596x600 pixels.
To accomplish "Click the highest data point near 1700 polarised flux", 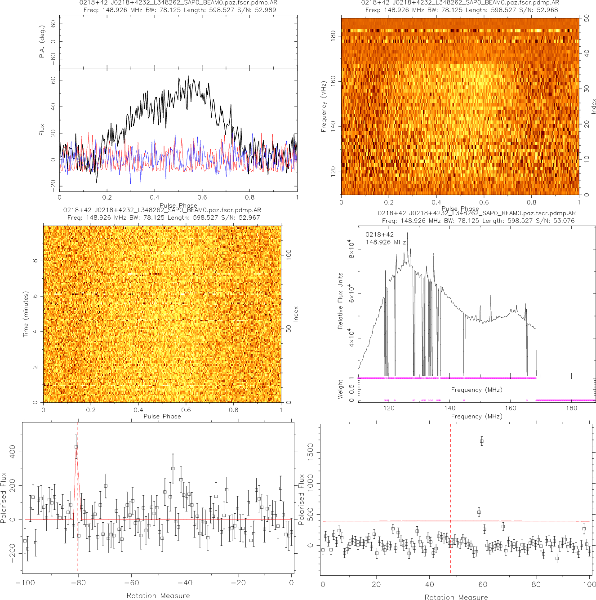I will pos(481,441).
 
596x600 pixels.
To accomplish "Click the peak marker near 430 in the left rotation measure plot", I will pos(76,447).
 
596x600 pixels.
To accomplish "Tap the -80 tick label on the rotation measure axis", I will pos(78,583).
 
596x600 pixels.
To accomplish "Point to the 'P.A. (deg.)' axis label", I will pos(42,42).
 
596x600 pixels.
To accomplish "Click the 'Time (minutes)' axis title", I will pos(26,314).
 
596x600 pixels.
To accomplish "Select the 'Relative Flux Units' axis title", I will pos(340,301).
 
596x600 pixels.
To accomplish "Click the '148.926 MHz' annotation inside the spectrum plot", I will pos(386,242).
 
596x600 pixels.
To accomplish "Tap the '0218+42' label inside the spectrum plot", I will pos(379,235).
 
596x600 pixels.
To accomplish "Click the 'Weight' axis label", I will pos(340,389).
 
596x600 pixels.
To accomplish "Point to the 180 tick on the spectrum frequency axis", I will pos(571,408).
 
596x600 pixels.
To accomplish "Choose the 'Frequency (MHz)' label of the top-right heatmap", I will pos(323,107).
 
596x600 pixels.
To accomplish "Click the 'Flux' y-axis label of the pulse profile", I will pos(42,130).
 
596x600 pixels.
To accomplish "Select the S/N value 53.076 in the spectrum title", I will pos(564,221).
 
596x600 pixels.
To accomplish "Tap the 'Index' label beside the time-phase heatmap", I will pos(296,314).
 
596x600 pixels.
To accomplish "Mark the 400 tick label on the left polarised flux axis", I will pos(13,452).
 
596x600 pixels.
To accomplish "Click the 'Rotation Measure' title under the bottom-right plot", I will pos(456,597).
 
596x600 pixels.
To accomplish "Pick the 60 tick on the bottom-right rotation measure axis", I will pos(483,584).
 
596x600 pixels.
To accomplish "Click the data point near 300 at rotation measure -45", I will pos(173,468).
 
